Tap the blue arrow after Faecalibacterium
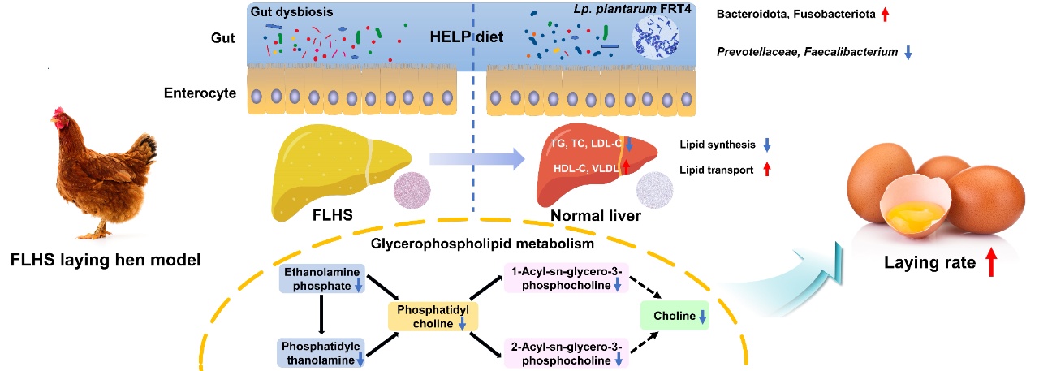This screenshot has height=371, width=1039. (x=908, y=52)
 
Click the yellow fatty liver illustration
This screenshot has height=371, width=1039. (x=332, y=170)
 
